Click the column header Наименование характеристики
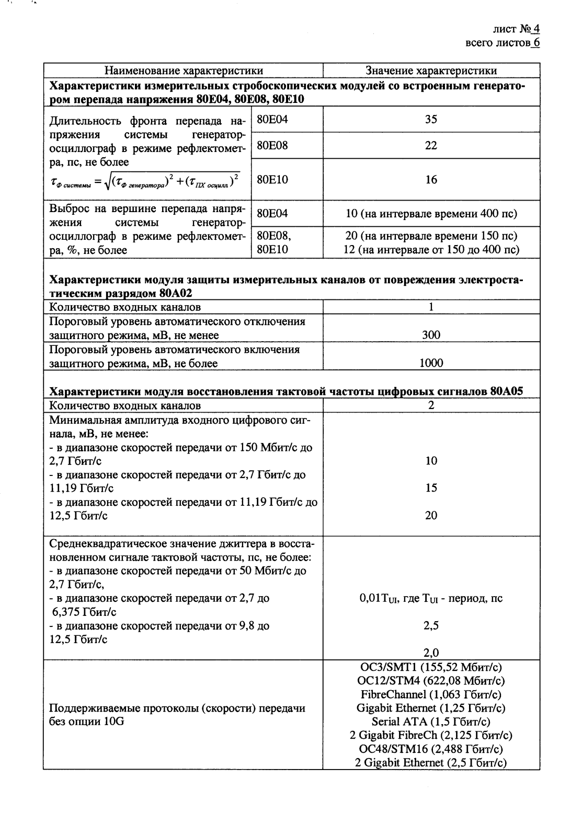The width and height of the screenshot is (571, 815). coord(184,71)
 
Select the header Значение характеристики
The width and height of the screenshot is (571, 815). coord(431,71)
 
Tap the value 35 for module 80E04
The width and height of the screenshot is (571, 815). coord(431,120)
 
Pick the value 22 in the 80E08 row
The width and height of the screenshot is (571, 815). coord(431,146)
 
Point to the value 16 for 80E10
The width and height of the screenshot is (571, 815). coord(431,180)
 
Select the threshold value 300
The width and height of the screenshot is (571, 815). coord(431,335)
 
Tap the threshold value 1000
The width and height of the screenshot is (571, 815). coord(431,363)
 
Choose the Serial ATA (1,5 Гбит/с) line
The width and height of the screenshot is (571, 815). coord(431,721)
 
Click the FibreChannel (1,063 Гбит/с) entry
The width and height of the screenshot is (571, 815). coord(431,694)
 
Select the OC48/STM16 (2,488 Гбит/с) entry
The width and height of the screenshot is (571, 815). coord(431,749)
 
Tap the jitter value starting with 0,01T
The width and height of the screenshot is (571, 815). coord(431,598)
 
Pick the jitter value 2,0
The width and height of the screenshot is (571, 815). coord(431,653)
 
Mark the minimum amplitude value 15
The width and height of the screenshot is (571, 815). coord(431,488)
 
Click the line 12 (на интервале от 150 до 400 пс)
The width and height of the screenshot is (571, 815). coord(431,250)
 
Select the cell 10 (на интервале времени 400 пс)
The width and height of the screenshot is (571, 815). coord(431,214)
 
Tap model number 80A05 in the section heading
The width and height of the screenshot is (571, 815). coord(507,392)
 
